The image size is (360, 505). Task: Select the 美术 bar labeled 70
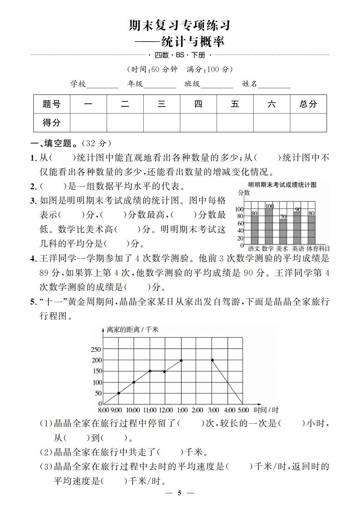point(283,232)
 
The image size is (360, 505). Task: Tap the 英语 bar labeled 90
point(297,228)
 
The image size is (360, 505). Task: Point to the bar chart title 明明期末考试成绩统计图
point(282,185)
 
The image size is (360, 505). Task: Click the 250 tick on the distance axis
point(96,349)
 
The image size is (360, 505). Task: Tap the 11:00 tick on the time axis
point(150,410)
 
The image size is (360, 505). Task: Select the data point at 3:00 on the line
point(212,360)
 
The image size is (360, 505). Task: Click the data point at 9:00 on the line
point(118,393)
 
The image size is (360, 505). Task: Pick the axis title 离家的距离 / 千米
point(133,330)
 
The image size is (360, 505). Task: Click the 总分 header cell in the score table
point(308,104)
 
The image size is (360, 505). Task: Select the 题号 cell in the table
point(51,104)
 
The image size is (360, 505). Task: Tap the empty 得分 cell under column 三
point(162,123)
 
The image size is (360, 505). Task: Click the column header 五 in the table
point(235,104)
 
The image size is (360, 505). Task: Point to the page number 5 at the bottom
point(180,493)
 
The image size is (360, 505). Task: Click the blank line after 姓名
point(274,85)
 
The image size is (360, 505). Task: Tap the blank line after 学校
point(102,85)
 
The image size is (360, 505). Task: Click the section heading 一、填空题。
point(54,143)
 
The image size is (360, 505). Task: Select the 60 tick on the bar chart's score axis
point(240,223)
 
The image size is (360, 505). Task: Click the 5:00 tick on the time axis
point(243,410)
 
